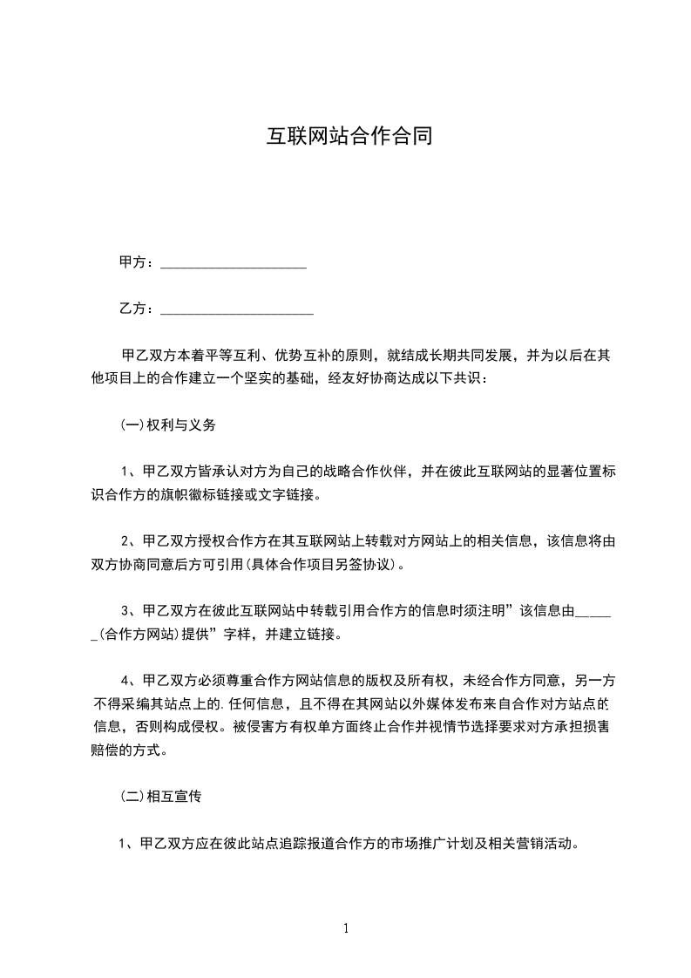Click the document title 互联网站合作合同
coord(349,137)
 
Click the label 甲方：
coord(137,262)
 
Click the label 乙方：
coord(137,309)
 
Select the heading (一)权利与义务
coord(167,426)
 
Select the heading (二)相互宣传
coord(161,797)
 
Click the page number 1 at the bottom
coord(346,927)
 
